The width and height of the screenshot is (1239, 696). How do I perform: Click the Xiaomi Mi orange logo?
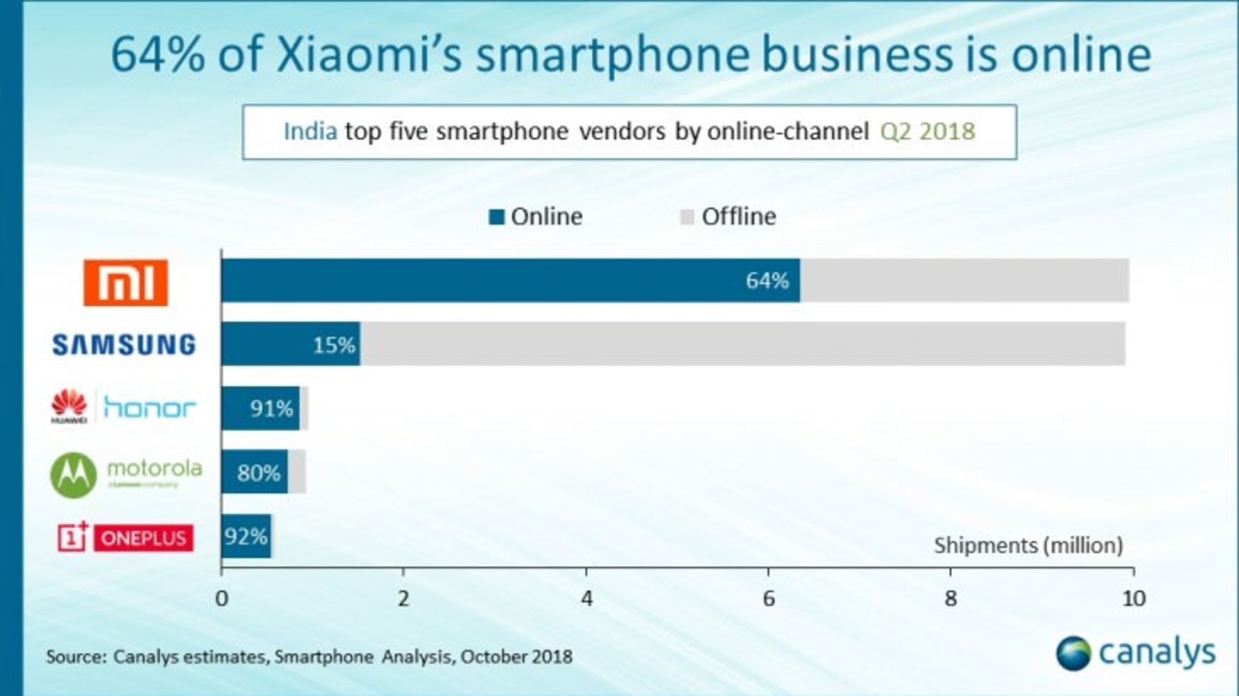[125, 283]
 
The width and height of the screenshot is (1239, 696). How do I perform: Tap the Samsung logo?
[124, 344]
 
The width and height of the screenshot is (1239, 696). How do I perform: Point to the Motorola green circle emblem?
[74, 475]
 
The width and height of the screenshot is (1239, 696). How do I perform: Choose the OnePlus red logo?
[125, 537]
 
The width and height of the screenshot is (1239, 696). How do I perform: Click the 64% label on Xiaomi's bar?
[767, 281]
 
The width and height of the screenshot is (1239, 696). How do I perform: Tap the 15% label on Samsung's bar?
[334, 345]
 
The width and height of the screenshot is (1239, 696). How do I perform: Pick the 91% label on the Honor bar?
[272, 408]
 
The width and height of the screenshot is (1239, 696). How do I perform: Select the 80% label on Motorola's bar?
[259, 473]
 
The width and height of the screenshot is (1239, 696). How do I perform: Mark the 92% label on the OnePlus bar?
[246, 536]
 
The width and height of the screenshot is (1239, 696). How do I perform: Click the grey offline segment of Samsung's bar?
[742, 344]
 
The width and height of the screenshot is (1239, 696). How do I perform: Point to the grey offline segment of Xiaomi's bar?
[964, 281]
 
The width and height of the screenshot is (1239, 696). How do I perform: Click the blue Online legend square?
[496, 217]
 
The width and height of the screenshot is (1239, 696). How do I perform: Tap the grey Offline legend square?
[687, 217]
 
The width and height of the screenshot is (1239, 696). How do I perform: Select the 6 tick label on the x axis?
[769, 599]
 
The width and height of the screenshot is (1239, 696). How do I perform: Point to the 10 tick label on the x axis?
[1134, 599]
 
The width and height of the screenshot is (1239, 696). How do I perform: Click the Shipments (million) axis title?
[1028, 546]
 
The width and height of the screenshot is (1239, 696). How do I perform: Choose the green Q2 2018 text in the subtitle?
[927, 132]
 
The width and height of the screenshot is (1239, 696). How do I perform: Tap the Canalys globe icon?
[1073, 653]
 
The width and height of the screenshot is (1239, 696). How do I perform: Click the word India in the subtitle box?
[310, 132]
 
